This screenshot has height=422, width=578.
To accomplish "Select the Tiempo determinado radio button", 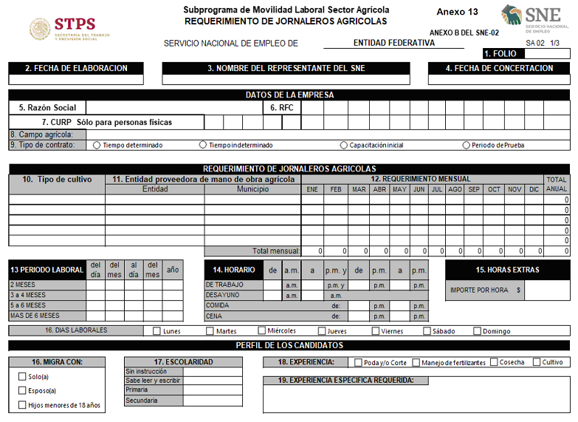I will (97, 145).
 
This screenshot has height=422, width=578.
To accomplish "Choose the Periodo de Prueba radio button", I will (466, 145).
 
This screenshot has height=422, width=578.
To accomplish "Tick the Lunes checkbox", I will (156, 331).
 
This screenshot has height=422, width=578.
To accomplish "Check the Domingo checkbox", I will (477, 331).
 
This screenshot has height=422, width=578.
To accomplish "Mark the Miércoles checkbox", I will (262, 331).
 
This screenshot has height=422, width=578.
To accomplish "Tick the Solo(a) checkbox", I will (22, 377).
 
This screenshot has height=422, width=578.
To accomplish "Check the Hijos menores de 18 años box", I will (22, 405).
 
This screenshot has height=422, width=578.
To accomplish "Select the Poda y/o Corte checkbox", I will (358, 363).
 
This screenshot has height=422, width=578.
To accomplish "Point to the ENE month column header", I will (312, 190).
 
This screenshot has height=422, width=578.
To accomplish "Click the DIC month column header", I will (534, 190).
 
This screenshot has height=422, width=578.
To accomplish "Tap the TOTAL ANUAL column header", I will (557, 184).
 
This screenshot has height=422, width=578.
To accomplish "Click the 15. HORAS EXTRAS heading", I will (507, 270).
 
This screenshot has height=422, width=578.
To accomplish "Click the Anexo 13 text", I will (457, 12).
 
